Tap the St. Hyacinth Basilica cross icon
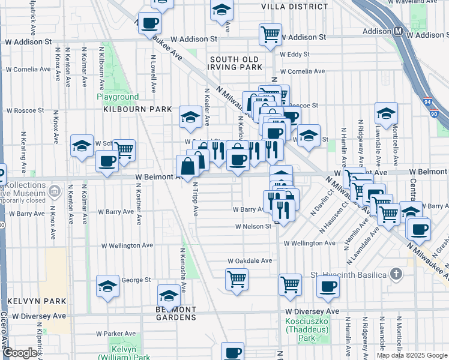[x=396, y=274]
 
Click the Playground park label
[x=118, y=97]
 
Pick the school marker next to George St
[x=107, y=286]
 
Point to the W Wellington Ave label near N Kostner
[x=127, y=245]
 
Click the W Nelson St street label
[x=255, y=227]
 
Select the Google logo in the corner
[x=20, y=353]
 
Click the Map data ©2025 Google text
[x=412, y=355]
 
